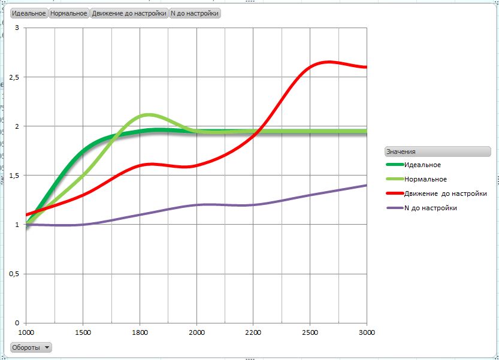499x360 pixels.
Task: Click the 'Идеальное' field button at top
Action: click(x=29, y=13)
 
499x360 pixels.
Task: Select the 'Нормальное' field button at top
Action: click(x=69, y=13)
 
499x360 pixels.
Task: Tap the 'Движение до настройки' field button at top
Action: click(x=129, y=13)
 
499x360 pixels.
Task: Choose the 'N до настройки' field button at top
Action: click(x=195, y=13)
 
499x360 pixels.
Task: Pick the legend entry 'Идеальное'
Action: click(x=422, y=165)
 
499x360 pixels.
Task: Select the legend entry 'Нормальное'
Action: click(x=425, y=179)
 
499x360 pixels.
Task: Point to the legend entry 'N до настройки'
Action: click(x=430, y=208)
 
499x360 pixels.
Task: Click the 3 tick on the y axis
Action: click(x=17, y=28)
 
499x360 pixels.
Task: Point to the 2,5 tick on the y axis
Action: click(x=14, y=77)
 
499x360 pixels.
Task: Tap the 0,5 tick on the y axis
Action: click(x=14, y=274)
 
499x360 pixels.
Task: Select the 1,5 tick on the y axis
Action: click(x=14, y=176)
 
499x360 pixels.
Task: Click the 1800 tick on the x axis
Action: click(x=140, y=332)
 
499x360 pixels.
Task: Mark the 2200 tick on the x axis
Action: click(x=253, y=332)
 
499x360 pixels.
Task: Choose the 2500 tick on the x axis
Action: click(x=310, y=332)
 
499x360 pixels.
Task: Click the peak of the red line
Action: click(x=328, y=62)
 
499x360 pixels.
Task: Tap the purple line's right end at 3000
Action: click(x=366, y=185)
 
